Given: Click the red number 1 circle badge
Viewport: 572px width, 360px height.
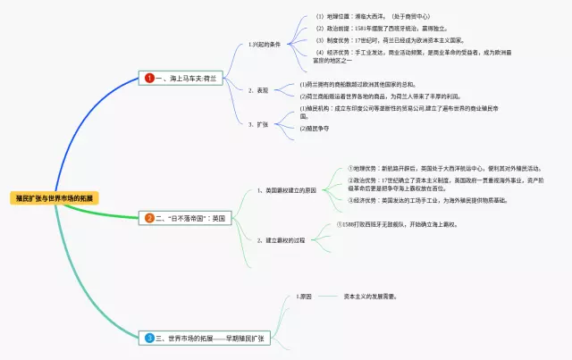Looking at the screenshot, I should [x=149, y=79].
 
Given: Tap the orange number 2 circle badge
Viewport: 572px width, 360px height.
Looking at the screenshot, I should [x=149, y=217].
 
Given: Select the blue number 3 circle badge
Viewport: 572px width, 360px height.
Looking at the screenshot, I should [x=149, y=338].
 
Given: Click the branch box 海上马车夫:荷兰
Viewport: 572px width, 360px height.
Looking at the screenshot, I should [x=187, y=79].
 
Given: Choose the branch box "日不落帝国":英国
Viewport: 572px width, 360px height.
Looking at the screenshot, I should [x=193, y=217].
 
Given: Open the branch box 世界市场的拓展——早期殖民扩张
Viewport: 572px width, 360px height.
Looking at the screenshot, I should [x=210, y=338].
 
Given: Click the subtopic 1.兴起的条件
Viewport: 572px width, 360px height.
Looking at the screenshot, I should [x=265, y=42].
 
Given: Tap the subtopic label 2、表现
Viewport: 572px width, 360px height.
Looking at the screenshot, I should [x=257, y=89].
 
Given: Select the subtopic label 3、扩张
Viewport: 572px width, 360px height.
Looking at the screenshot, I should [x=257, y=123].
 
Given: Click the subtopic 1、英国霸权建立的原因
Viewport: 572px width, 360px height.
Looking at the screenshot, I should [x=286, y=190].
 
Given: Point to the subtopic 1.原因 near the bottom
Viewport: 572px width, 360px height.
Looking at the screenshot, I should [x=304, y=295].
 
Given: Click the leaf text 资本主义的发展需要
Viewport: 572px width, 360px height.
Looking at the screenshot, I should [x=370, y=295].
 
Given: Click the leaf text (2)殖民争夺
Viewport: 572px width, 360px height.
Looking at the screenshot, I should [x=314, y=129].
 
